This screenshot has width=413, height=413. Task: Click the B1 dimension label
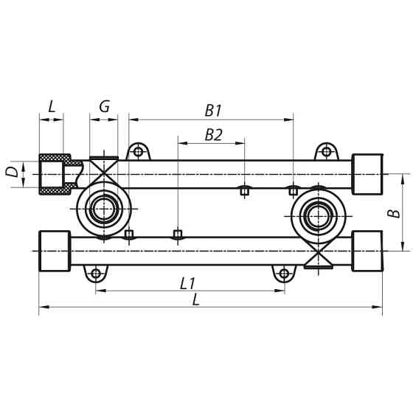213,111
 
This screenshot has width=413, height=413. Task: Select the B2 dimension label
213,134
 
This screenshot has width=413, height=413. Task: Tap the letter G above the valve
104,106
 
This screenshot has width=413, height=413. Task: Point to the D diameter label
12,173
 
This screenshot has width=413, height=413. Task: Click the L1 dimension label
187,282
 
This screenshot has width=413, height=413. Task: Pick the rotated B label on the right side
395,212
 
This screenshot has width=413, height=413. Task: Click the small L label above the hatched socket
51,106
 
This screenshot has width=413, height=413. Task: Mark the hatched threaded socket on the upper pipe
55,174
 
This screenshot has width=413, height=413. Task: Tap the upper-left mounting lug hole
137,153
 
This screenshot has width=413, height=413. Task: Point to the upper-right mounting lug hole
325,153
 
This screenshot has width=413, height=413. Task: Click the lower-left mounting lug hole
95,274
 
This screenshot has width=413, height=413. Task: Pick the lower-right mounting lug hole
285,274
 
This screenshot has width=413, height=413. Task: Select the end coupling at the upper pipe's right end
367,174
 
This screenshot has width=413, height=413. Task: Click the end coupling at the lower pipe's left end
54,251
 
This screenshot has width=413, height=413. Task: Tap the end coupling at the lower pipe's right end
367,251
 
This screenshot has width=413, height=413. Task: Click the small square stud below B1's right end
294,191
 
